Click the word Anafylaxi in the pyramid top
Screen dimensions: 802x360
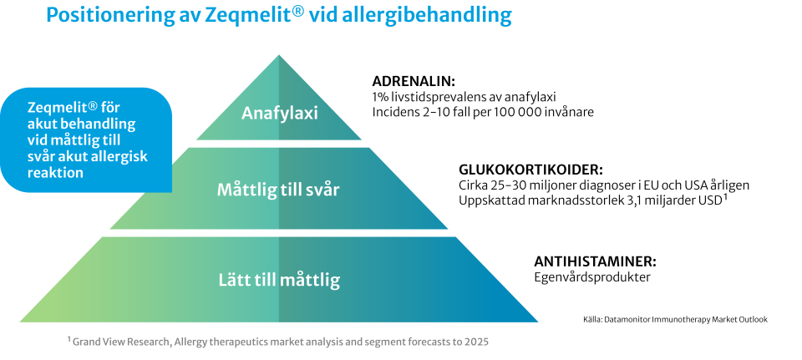[x=279, y=113]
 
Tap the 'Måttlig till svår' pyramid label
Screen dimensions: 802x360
[x=278, y=190]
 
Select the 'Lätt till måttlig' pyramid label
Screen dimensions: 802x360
[x=279, y=280]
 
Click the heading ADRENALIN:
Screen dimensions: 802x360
[x=414, y=81]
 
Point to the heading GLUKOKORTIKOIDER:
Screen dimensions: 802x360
[x=531, y=170]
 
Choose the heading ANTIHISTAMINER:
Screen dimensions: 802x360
[x=596, y=261]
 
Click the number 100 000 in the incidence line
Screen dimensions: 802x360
[x=517, y=112]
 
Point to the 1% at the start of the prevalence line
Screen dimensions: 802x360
[x=379, y=97]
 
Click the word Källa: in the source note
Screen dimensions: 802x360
[x=592, y=320]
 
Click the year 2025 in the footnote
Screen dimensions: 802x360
[x=477, y=342]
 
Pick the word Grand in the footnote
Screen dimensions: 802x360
[x=86, y=342]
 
